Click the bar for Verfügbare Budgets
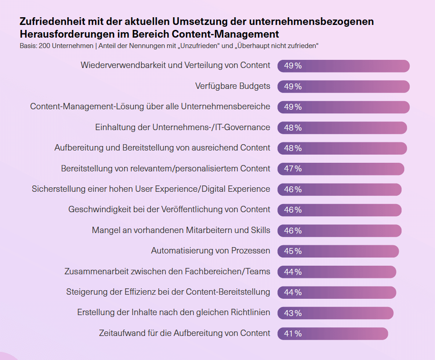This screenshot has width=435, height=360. (x=343, y=87)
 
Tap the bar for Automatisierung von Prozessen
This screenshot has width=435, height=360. (x=338, y=251)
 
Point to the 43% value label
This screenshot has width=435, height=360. (x=293, y=313)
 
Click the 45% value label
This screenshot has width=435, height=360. (x=293, y=251)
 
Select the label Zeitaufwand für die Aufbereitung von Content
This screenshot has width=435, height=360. (x=184, y=333)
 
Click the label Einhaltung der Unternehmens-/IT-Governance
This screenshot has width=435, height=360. (x=183, y=127)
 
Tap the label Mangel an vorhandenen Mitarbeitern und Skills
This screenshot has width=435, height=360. (x=181, y=230)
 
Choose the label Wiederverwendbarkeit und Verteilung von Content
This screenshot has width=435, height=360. (x=175, y=65)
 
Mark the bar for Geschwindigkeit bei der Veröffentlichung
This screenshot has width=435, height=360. (x=339, y=210)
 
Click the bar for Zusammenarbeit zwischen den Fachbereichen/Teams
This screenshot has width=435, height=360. (x=337, y=272)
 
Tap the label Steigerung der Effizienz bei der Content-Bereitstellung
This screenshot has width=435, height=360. (x=168, y=292)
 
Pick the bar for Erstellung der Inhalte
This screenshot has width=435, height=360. (x=335, y=313)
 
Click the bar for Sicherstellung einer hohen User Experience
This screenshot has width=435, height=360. (x=339, y=190)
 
